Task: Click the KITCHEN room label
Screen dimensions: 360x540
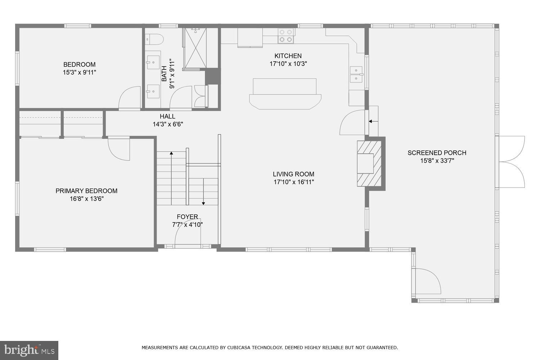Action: click(288, 56)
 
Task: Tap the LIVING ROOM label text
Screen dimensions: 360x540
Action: click(293, 174)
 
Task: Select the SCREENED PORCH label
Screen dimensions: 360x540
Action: click(437, 153)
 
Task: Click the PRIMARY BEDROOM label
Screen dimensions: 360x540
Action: click(86, 191)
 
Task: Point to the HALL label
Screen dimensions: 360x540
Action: click(167, 116)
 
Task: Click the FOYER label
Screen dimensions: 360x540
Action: click(187, 217)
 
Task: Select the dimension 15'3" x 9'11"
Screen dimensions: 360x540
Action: click(79, 72)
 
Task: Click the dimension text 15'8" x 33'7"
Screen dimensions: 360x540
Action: click(437, 161)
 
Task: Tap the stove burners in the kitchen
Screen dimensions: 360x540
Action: click(286, 36)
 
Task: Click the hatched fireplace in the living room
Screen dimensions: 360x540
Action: click(369, 163)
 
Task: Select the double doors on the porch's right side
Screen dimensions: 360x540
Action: click(511, 162)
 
